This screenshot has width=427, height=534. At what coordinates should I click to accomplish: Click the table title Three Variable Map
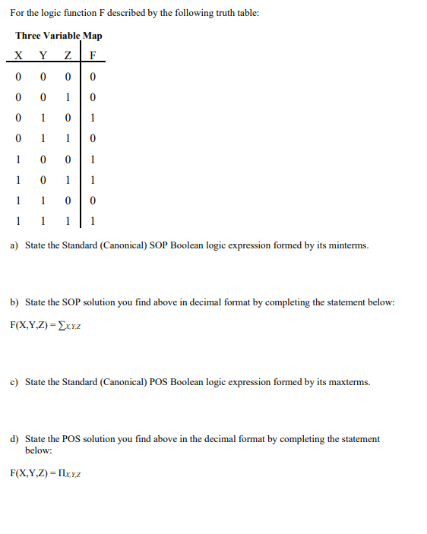[x=59, y=36]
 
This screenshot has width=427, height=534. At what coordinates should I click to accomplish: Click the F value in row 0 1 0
[x=92, y=118]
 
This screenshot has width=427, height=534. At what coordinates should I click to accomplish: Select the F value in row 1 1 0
[x=92, y=201]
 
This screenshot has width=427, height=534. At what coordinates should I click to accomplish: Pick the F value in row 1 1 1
[x=92, y=222]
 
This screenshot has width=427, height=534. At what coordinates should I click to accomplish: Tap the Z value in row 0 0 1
[x=68, y=97]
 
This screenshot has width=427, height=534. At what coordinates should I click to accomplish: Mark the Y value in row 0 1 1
[x=43, y=138]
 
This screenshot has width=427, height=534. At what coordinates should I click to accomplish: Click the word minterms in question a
[x=346, y=246]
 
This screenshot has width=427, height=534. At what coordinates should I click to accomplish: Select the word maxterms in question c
[x=348, y=382]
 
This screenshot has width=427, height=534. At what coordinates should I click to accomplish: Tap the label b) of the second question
[x=14, y=302]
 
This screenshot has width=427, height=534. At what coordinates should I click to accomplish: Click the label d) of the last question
[x=14, y=439]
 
